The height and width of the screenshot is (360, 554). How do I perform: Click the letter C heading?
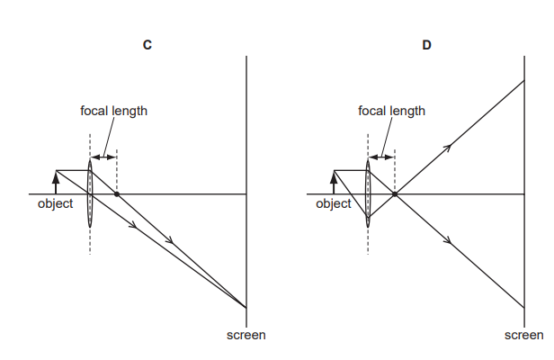147,44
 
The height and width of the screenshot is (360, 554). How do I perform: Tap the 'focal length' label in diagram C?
113,112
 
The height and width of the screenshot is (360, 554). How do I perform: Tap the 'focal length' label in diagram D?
391,112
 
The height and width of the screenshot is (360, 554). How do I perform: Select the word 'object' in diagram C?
55,204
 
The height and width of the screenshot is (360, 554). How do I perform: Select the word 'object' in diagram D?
333,204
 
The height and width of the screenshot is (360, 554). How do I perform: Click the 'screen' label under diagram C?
246,335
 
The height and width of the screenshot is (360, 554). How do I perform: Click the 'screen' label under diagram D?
523,335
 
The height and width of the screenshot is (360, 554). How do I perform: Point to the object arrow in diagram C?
56,181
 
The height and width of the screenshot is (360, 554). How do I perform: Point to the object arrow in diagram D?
334,181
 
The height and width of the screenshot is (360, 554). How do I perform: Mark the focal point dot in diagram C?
117,193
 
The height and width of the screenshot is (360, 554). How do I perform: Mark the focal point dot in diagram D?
395,193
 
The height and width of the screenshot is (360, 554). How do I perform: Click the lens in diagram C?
90,193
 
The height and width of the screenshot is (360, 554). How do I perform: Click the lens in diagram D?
368,193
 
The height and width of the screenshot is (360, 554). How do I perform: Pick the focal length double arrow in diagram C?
103,157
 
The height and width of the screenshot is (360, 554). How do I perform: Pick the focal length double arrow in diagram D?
381,157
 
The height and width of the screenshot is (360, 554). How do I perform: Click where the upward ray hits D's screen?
525,80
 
